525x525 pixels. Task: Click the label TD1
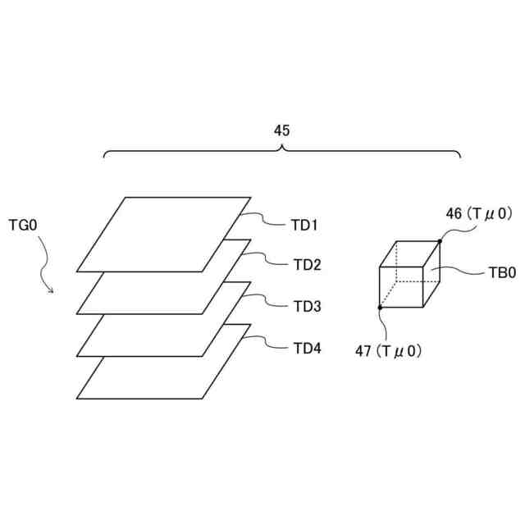coord(305,225)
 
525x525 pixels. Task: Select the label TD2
coord(308,265)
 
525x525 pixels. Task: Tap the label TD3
coord(308,306)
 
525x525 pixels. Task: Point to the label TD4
coord(308,348)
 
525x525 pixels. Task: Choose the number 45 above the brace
coord(281,130)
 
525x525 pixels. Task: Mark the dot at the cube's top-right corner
coord(440,241)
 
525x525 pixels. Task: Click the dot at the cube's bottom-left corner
coord(380,308)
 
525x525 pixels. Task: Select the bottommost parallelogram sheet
coord(156,377)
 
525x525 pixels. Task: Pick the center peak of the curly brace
coord(281,147)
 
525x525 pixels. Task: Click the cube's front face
coord(401,286)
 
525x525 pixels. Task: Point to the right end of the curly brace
coord(459,157)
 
